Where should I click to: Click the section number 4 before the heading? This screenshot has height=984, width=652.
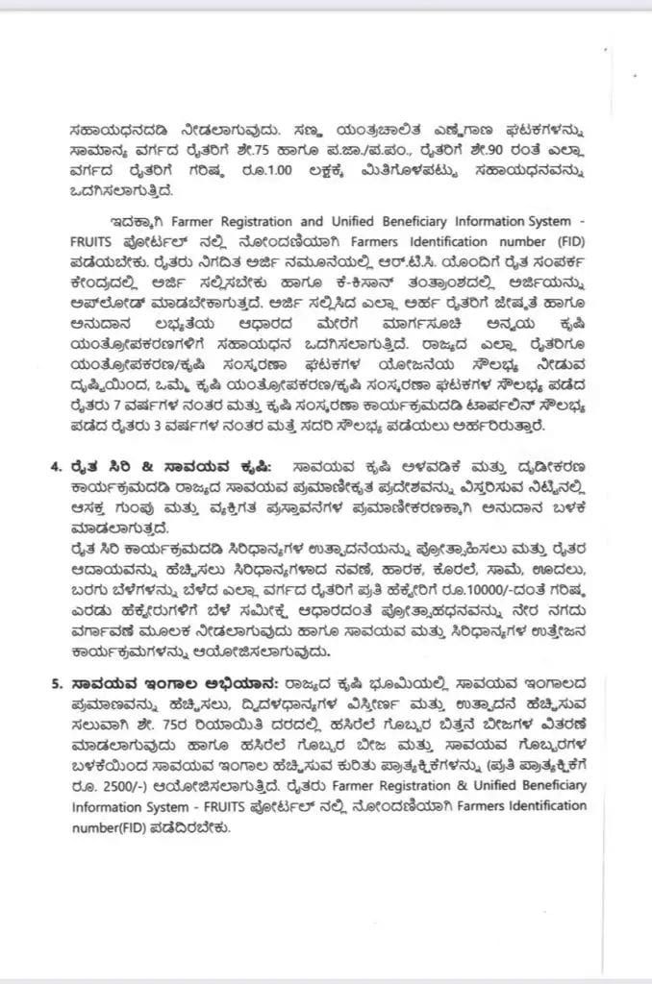[x=54, y=465]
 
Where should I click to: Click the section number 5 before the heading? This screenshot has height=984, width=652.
[x=54, y=683]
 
